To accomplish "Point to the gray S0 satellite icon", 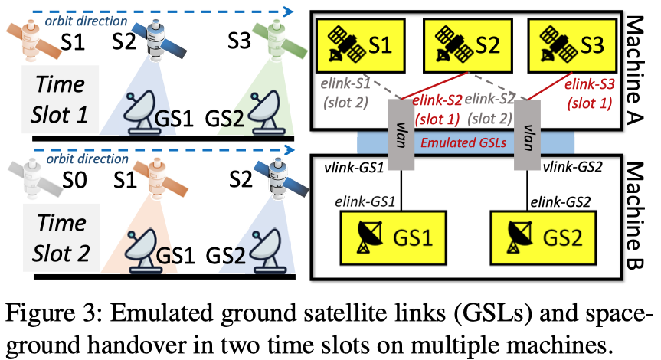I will click(x=30, y=177).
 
